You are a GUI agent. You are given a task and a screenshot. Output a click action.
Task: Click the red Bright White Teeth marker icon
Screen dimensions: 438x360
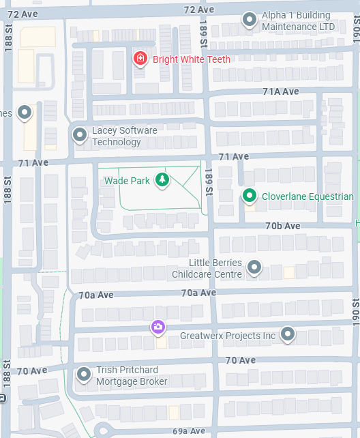140,59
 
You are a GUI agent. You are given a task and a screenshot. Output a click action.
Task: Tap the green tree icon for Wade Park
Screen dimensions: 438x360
162,180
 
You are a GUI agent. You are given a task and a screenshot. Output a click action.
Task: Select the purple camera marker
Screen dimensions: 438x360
158,327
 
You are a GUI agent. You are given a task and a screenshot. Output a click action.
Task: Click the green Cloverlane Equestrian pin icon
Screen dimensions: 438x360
250,196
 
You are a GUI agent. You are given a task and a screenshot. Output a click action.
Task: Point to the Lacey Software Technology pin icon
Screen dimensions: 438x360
80,135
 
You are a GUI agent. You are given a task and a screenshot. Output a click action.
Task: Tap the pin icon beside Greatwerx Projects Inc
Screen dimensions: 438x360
288,334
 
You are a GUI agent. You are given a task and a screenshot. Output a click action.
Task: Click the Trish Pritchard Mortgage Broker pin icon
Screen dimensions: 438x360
84,375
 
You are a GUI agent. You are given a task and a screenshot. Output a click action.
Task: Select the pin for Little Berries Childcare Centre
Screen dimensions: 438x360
254,267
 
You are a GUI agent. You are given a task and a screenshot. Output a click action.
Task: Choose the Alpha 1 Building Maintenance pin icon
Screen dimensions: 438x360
250,20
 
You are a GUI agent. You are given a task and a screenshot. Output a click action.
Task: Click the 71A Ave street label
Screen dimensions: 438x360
280,91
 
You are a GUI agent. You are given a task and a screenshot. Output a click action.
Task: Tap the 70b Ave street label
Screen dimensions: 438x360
282,226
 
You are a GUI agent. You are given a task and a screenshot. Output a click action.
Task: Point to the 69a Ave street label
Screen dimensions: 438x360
189,431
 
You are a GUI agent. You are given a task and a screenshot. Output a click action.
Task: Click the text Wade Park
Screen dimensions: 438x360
126,181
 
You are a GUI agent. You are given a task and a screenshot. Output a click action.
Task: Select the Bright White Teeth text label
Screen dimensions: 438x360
192,59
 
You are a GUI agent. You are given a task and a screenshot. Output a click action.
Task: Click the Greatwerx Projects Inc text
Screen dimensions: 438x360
228,336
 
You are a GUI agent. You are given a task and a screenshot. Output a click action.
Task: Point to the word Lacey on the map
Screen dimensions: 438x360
104,130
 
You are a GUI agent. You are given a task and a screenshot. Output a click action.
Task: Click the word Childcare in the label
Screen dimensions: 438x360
195,274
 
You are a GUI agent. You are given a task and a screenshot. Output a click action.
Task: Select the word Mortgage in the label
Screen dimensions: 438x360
117,381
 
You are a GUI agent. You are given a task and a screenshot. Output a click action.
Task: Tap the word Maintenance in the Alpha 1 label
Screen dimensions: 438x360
292,27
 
